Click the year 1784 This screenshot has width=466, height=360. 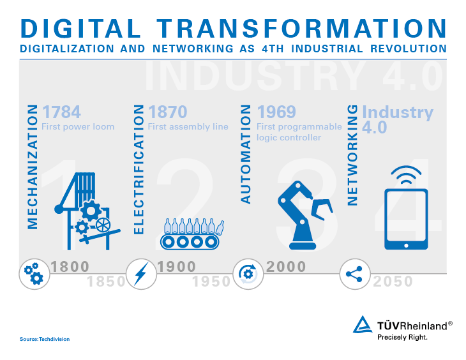pyautogui.click(x=61, y=112)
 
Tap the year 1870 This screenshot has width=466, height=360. pyautogui.click(x=168, y=112)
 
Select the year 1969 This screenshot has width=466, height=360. pyautogui.click(x=276, y=112)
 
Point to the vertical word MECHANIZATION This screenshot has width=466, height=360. pyautogui.click(x=33, y=167)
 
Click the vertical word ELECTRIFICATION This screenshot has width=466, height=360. pyautogui.click(x=139, y=169)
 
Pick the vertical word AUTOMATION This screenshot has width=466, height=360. pyautogui.click(x=246, y=154)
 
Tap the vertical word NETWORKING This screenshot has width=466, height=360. pyautogui.click(x=352, y=155)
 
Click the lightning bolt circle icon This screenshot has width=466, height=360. pyautogui.click(x=141, y=274)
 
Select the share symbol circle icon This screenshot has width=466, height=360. pyautogui.click(x=355, y=274)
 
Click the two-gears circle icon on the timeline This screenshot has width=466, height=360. pyautogui.click(x=34, y=274)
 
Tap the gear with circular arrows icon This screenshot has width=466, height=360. pyautogui.click(x=248, y=274)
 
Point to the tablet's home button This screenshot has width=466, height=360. pyautogui.click(x=406, y=246)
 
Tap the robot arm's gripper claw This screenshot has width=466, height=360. pyautogui.click(x=322, y=209)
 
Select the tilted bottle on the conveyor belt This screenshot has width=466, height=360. pyautogui.click(x=220, y=228)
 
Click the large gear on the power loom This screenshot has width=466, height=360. pyautogui.click(x=91, y=211)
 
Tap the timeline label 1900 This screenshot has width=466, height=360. pyautogui.click(x=177, y=267)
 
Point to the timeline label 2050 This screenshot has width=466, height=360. pyautogui.click(x=393, y=281)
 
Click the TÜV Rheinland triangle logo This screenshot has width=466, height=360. pyautogui.click(x=363, y=324)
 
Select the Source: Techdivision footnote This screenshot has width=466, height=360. pyautogui.click(x=45, y=339)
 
